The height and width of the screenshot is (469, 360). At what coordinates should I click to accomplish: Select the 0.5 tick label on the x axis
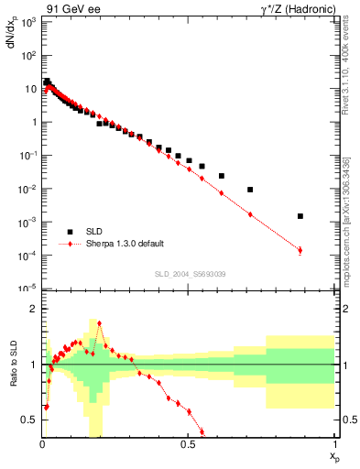tap(188, 445)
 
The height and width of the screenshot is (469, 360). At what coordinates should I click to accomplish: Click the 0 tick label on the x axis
tap(42, 445)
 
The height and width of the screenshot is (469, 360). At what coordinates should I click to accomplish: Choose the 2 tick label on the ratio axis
tap(35, 310)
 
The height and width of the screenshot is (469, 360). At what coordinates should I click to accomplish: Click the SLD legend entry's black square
tap(68, 232)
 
